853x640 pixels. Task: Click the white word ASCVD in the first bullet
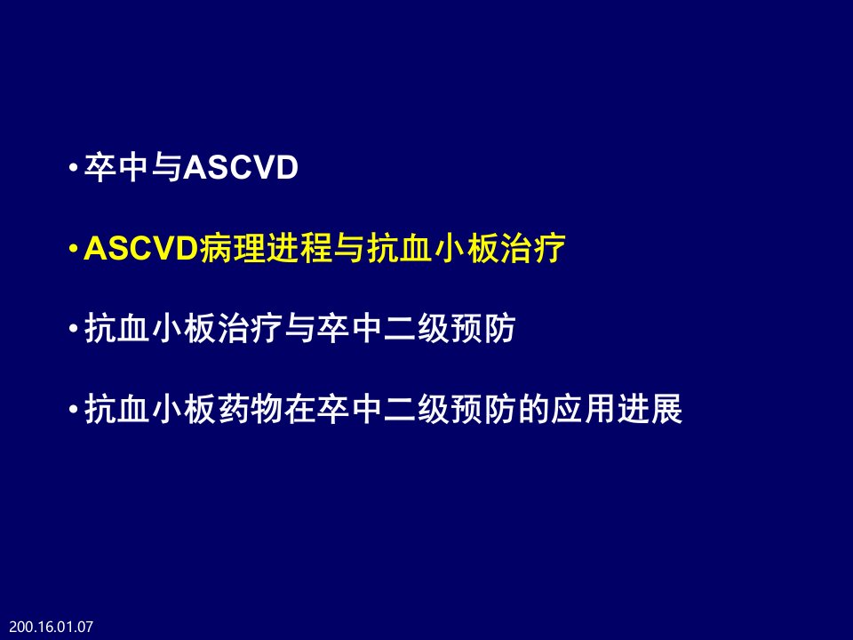[241, 167]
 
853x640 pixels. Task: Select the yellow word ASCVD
[141, 249]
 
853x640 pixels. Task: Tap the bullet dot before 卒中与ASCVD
[74, 167]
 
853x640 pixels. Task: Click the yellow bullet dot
[74, 249]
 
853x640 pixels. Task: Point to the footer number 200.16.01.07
[52, 627]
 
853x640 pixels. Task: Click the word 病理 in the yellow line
[233, 249]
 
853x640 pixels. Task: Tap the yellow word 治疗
[532, 249]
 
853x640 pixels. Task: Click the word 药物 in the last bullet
[251, 409]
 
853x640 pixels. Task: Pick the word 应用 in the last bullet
[583, 409]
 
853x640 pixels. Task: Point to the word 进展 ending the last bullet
[650, 409]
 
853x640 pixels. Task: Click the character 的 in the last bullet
[533, 409]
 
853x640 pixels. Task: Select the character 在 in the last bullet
[299, 409]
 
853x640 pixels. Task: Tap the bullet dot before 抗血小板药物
[74, 409]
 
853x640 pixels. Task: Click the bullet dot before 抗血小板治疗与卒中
[74, 329]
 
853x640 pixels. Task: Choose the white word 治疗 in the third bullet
[251, 329]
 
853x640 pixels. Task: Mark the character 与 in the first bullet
[166, 167]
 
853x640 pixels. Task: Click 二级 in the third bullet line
[416, 329]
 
